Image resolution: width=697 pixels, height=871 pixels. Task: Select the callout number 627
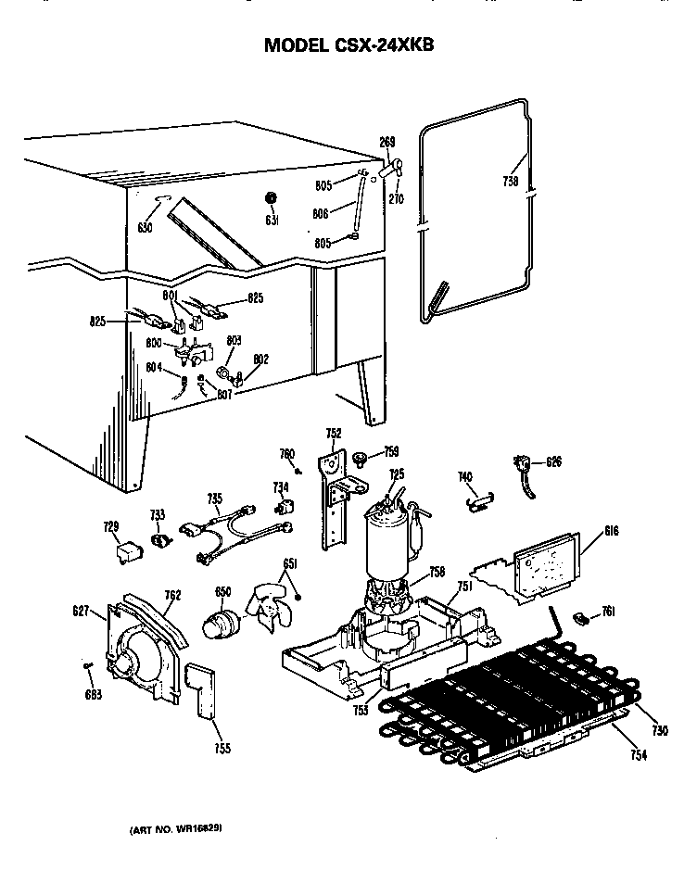pyautogui.click(x=81, y=610)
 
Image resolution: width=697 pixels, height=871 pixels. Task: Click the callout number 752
pyautogui.click(x=334, y=433)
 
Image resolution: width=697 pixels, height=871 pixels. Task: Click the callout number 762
pyautogui.click(x=172, y=596)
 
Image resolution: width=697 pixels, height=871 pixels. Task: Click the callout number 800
pyautogui.click(x=155, y=343)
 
